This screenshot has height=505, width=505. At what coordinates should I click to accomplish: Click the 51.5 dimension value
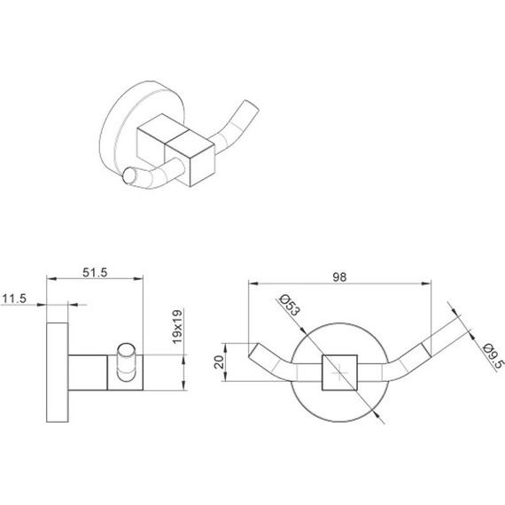pos(95,273)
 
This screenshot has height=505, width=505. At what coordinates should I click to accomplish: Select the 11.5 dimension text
pos(14,299)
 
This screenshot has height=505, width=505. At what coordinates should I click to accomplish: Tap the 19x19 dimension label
pos(177,327)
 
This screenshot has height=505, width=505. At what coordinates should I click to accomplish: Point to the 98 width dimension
pos(340,277)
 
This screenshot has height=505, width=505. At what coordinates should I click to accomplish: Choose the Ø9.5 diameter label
pos(493,356)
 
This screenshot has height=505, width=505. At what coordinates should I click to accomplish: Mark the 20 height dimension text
pos(219,362)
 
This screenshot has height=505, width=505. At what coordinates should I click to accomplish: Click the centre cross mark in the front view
pos(340,373)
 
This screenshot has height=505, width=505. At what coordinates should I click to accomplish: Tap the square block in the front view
pos(340,373)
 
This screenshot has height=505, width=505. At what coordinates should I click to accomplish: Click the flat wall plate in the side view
pos(58,372)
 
